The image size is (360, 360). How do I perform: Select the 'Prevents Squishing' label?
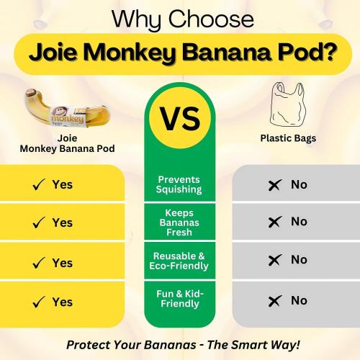(180, 184)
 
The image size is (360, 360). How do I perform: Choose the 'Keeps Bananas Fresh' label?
(180, 222)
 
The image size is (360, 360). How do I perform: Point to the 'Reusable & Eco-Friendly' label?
(180, 261)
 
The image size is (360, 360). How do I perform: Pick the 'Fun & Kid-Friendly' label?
(180, 299)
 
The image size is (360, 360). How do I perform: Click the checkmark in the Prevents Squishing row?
(39, 185)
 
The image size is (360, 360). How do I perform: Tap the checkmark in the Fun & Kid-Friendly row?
(39, 302)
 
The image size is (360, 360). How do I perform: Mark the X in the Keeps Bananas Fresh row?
(274, 222)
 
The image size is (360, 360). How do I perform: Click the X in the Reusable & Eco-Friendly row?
(274, 261)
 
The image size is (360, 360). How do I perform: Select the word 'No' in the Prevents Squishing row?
(299, 184)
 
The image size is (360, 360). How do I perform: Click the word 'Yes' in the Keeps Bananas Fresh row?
(63, 222)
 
